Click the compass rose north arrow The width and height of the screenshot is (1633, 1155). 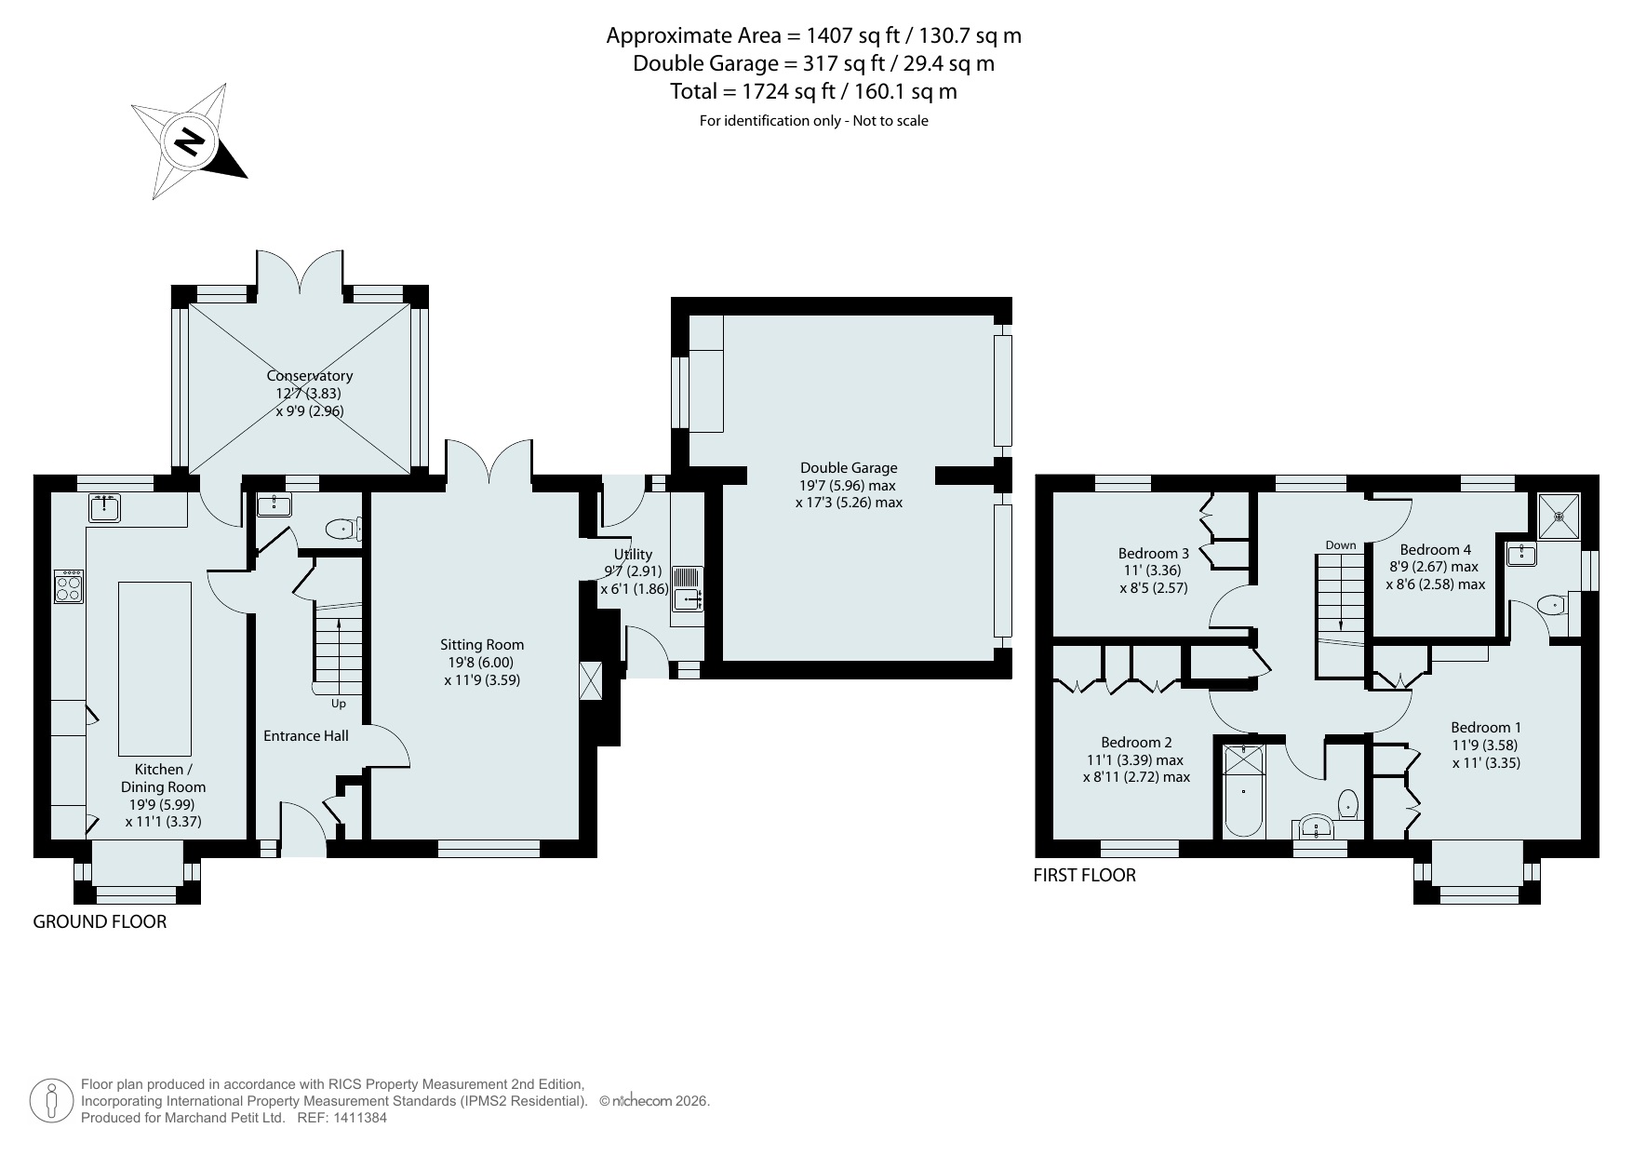click(190, 141)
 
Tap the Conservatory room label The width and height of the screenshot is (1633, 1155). click(310, 376)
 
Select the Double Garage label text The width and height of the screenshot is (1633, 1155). click(849, 468)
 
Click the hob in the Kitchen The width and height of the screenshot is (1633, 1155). click(69, 586)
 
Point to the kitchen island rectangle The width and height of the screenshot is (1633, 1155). click(154, 668)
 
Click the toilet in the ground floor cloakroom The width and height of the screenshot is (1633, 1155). click(342, 530)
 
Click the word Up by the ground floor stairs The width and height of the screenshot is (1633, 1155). click(338, 704)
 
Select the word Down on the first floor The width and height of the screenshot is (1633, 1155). click(1341, 545)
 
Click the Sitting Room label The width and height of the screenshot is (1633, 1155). click(482, 644)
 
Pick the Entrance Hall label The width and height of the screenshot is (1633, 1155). click(306, 736)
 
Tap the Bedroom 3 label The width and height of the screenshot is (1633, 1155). click(1154, 554)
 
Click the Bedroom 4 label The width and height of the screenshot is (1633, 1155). click(1436, 550)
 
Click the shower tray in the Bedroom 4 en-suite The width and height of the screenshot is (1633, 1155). click(1559, 515)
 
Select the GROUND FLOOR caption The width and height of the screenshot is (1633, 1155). click(100, 922)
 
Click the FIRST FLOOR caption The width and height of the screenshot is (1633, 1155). click(1085, 876)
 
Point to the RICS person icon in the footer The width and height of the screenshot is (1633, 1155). click(51, 1101)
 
